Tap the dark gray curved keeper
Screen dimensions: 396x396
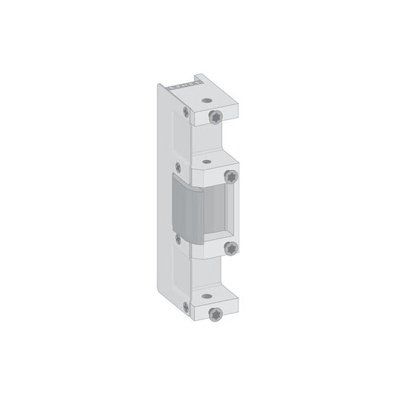click(188, 210)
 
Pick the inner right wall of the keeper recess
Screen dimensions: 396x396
click(233, 212)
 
